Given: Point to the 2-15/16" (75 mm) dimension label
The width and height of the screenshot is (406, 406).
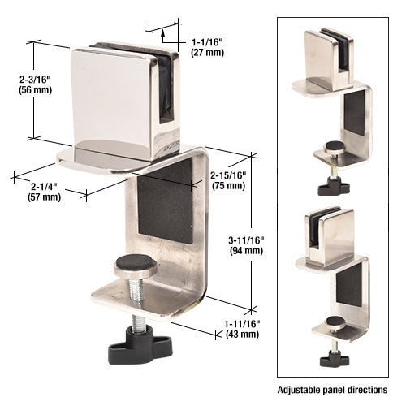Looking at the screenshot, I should click(x=227, y=180).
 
